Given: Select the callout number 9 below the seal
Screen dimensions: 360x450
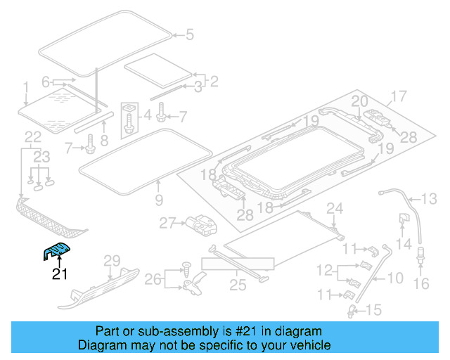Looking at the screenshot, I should [158, 200].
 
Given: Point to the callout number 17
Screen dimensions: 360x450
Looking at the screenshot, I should [399, 96].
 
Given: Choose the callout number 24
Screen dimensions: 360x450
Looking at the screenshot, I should [335, 207].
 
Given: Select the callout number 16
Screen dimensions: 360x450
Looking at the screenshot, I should [421, 283].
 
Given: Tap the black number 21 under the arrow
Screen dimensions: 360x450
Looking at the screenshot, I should [60, 274].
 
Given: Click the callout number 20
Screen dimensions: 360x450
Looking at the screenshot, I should [359, 101].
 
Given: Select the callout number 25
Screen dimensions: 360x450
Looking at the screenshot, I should [237, 285].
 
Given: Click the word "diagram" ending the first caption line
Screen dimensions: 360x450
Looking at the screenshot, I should [301, 331].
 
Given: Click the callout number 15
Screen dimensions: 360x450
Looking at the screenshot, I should [373, 309].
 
